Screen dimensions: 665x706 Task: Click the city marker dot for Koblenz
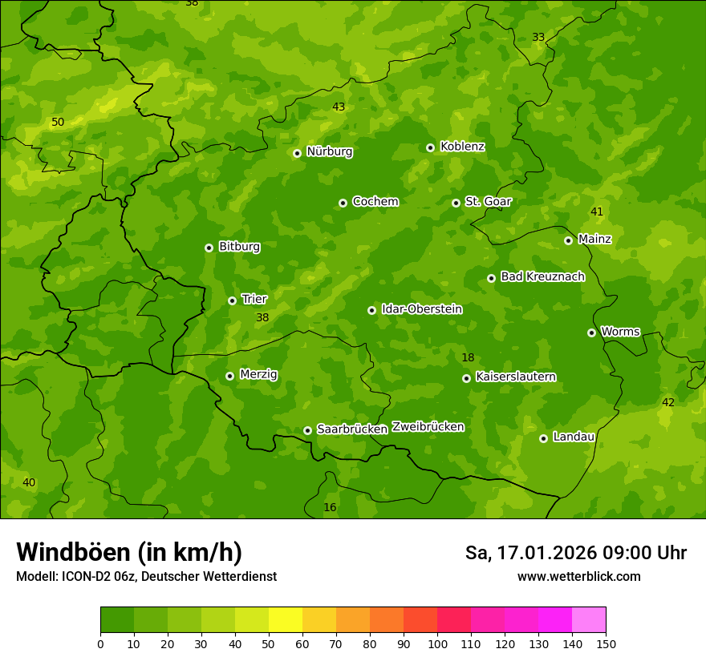tap(431, 147)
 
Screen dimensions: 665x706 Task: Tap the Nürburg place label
tap(329, 151)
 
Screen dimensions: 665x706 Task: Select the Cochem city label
tap(375, 202)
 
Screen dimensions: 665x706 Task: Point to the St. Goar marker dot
tap(456, 203)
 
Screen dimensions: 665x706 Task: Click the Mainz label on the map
tap(594, 239)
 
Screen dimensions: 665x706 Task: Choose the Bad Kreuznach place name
tap(542, 276)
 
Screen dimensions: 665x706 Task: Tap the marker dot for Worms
tap(592, 332)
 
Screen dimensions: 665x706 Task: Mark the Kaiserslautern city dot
tap(467, 378)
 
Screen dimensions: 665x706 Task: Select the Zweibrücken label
tap(428, 427)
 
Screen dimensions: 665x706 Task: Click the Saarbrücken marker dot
tap(308, 430)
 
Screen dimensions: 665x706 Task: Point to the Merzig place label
tap(258, 374)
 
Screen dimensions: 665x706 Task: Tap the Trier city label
tap(254, 299)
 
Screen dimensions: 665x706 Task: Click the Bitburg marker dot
tap(209, 248)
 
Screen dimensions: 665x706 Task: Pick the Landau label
tap(574, 437)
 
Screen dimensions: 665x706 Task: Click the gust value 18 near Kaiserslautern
tap(468, 357)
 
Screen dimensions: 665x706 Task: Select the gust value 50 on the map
tap(58, 123)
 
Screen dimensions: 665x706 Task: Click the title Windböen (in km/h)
tap(129, 553)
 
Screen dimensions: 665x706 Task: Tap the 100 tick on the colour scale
tap(437, 644)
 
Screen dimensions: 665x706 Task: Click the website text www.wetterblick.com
tap(578, 577)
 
